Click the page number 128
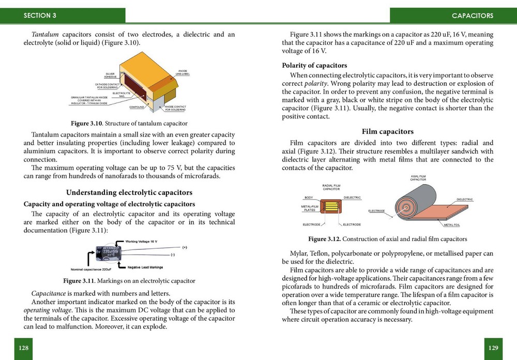23,348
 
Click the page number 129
493,348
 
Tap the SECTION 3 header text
40,16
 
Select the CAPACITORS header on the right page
472,16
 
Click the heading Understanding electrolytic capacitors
129,192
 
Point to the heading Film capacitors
388,131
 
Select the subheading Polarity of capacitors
314,65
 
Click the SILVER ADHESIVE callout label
110,76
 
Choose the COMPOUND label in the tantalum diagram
136,107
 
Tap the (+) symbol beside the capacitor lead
185,247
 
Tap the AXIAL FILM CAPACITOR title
418,178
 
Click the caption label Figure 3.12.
324,239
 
